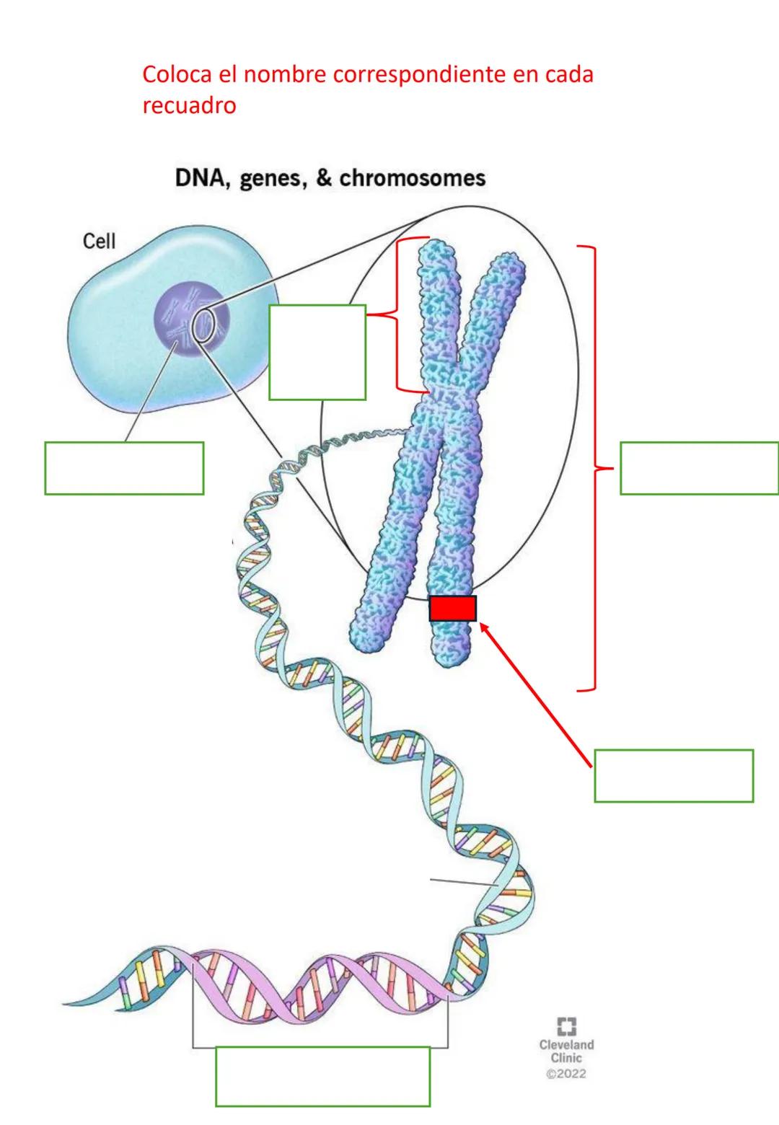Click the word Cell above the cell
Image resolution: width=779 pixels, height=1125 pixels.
(x=100, y=241)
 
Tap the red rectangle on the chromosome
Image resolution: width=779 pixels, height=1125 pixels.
(x=452, y=608)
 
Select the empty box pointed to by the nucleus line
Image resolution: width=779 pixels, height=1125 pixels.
(x=124, y=468)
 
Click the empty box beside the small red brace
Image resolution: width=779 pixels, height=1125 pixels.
(x=317, y=352)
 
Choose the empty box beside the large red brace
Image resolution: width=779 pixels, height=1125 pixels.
(x=699, y=468)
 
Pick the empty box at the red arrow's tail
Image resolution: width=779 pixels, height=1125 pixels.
(x=674, y=775)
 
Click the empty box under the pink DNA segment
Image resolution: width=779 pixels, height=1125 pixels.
(x=322, y=1076)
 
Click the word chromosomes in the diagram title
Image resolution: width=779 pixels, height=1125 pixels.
(x=413, y=178)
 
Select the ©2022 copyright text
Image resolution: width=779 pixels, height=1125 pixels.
(x=566, y=1074)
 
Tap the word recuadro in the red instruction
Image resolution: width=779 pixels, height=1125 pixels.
(x=189, y=106)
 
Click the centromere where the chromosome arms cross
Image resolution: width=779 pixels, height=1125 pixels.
(x=438, y=393)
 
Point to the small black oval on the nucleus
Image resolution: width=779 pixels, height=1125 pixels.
(x=203, y=325)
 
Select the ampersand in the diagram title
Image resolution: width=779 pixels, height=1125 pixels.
(x=324, y=178)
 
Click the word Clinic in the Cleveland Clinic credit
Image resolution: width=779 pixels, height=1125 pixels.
(x=566, y=1058)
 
